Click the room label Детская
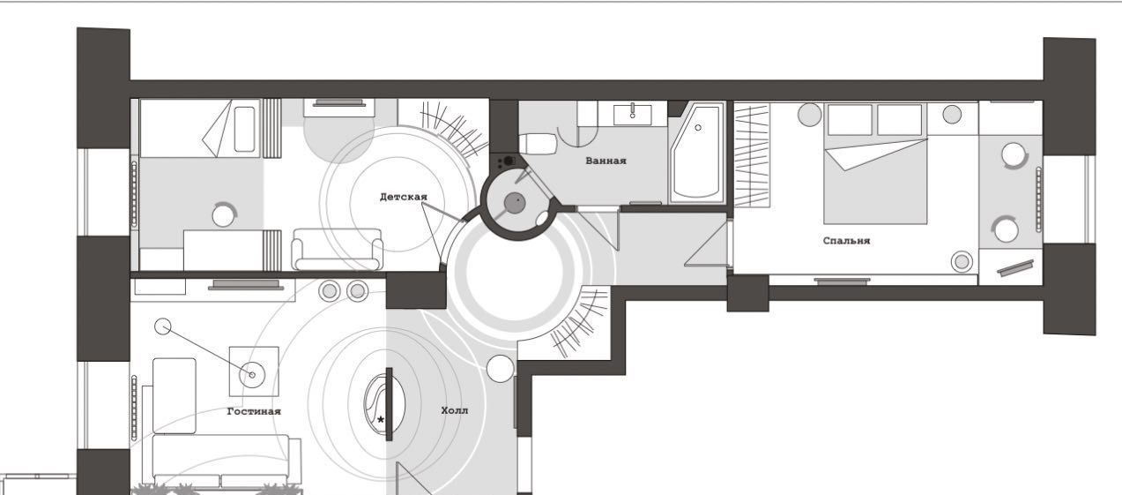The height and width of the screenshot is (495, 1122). pyautogui.click(x=403, y=197)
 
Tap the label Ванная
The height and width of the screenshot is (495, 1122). pyautogui.click(x=606, y=161)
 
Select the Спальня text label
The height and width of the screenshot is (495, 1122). pyautogui.click(x=846, y=241)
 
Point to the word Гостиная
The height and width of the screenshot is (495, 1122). pyautogui.click(x=254, y=411)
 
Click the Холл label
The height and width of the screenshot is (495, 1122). pyautogui.click(x=455, y=411)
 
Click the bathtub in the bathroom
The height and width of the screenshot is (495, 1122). pyautogui.click(x=697, y=153)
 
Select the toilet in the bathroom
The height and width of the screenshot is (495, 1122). pyautogui.click(x=538, y=145)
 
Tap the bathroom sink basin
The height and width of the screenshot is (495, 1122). pyautogui.click(x=633, y=115)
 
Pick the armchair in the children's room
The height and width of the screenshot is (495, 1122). pyautogui.click(x=337, y=249)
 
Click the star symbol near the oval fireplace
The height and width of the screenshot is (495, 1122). pyautogui.click(x=381, y=420)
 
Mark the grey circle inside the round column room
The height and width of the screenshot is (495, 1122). pyautogui.click(x=514, y=202)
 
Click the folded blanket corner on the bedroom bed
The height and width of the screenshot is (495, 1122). pyautogui.click(x=874, y=154)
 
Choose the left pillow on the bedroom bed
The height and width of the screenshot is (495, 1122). pyautogui.click(x=850, y=119)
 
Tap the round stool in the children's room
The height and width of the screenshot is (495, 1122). pyautogui.click(x=224, y=215)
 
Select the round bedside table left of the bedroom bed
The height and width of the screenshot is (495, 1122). pyautogui.click(x=809, y=115)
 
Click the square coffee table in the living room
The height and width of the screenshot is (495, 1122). pyautogui.click(x=254, y=371)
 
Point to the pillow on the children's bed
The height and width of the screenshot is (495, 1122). pyautogui.click(x=245, y=129)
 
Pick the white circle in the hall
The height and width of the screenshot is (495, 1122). pyautogui.click(x=500, y=369)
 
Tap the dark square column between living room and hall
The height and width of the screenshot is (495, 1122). pyautogui.click(x=416, y=290)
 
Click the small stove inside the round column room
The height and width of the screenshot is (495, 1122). pyautogui.click(x=507, y=161)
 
